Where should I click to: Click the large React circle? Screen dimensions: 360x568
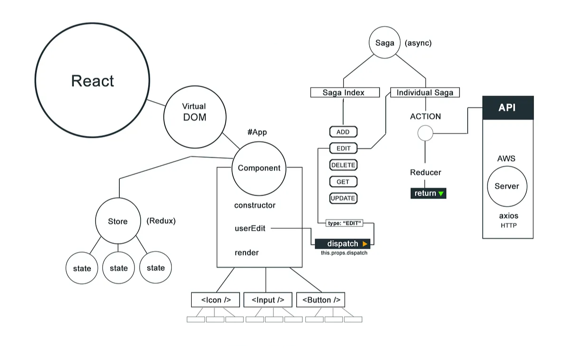click(92, 80)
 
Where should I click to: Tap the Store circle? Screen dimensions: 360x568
click(118, 221)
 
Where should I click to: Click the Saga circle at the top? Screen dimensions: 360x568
click(384, 43)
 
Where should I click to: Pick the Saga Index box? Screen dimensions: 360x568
click(345, 92)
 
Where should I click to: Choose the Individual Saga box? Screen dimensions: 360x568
click(425, 92)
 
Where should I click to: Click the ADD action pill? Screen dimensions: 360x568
click(343, 132)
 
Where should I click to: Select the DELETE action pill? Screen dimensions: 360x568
click(343, 165)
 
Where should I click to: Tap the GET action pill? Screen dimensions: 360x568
click(343, 182)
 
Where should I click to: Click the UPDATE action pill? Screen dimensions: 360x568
click(343, 198)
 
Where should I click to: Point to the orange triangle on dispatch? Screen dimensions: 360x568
click(364, 244)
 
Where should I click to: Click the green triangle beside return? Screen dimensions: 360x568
click(441, 194)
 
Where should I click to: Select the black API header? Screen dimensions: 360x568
click(507, 108)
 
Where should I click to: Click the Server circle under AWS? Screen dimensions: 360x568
click(507, 186)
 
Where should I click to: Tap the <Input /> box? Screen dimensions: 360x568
click(268, 300)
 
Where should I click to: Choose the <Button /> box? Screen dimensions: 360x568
click(321, 300)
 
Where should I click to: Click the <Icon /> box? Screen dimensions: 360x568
click(215, 300)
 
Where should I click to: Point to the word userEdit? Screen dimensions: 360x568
click(250, 228)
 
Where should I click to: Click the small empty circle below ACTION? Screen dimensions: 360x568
click(425, 133)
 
